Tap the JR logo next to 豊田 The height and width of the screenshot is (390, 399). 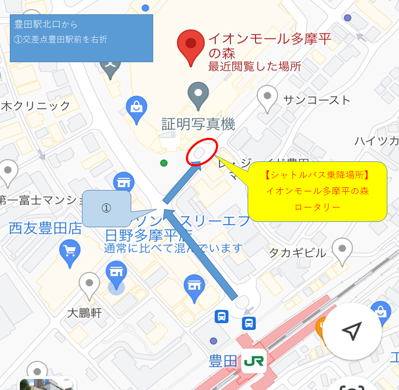coord(253,360)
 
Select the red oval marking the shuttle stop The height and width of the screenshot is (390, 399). coord(202,152)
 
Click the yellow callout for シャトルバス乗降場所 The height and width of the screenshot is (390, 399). coord(317,191)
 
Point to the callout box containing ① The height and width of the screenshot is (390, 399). coord(107,209)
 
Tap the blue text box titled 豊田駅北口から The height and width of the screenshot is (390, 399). coord(82,38)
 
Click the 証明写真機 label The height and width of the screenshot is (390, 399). coord(198,124)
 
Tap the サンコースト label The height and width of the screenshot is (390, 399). coord(317,100)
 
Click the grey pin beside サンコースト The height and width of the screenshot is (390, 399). coord(268,99)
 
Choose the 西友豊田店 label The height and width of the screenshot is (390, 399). coord(45,229)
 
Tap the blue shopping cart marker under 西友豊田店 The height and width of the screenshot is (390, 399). coord(69,253)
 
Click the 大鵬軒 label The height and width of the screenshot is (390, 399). coord(84,313)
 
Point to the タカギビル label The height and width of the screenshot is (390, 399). coord(297,253)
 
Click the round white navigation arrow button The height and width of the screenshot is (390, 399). coord(352,331)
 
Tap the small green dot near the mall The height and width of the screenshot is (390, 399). coord(164,163)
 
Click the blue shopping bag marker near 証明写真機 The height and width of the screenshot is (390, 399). coord(137,109)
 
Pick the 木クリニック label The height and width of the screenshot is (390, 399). coord(36,106)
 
